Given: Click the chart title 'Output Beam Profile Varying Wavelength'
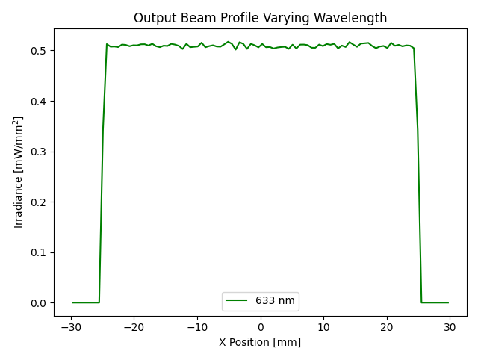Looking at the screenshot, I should pos(260,18).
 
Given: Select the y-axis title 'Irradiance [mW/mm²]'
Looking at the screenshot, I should pos(19,173).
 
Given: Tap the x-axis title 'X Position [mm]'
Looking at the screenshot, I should pos(260,342).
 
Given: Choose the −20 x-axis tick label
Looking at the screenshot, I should pos(134,327).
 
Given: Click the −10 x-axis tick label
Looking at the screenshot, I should pos(197,327).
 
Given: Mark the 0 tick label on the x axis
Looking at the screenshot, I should pos(261,327).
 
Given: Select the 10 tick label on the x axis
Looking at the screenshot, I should pos(323,327).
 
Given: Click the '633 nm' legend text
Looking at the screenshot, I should pos(276,301).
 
